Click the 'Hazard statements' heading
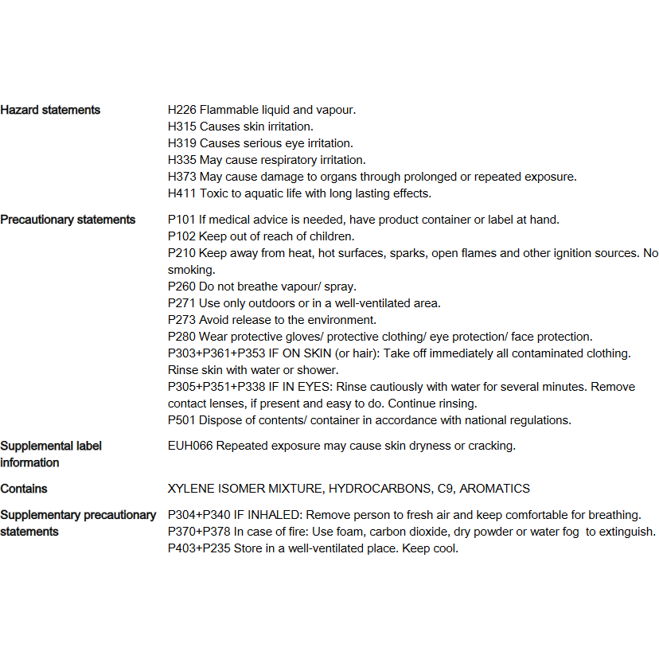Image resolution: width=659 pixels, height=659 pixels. [50, 110]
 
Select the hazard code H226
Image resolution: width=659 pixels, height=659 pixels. [181, 110]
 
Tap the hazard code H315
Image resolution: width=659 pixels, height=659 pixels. [181, 127]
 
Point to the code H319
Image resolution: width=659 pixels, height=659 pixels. [181, 143]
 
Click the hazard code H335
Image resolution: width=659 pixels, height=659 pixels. [181, 160]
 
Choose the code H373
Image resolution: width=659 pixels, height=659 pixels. [181, 177]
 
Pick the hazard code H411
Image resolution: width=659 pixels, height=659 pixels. [181, 193]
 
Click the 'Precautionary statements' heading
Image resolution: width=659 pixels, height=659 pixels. [68, 220]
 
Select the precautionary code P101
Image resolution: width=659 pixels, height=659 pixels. [181, 220]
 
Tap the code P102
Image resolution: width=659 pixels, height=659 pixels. [181, 236]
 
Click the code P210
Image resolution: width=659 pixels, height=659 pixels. [181, 253]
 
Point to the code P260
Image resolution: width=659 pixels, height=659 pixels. [181, 287]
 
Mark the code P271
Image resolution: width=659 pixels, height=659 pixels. [181, 303]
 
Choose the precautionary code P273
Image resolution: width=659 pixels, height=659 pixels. [181, 320]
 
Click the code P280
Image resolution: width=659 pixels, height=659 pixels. [181, 337]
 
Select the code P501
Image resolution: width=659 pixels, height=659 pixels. [181, 420]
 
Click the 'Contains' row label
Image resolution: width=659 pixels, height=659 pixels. [24, 489]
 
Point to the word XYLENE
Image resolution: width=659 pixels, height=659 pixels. [191, 489]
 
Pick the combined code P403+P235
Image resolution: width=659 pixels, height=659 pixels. [199, 548]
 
